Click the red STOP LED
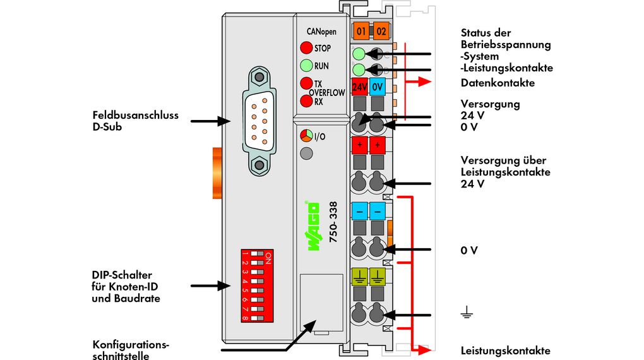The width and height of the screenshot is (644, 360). [x=306, y=47]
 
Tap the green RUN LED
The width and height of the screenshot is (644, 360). [x=306, y=65]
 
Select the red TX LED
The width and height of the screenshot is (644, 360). [x=306, y=83]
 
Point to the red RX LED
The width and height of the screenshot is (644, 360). [x=306, y=101]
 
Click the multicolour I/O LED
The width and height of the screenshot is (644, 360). [x=306, y=136]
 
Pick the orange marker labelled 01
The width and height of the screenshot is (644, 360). [x=361, y=30]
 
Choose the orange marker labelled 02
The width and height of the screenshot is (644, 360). [x=381, y=30]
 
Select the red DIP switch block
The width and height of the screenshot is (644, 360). [x=256, y=285]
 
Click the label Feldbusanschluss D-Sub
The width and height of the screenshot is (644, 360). [x=135, y=121]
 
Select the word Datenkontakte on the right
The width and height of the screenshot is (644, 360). [x=498, y=83]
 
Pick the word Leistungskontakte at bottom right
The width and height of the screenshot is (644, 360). [x=505, y=351]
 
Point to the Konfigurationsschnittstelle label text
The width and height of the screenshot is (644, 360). [x=131, y=351]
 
